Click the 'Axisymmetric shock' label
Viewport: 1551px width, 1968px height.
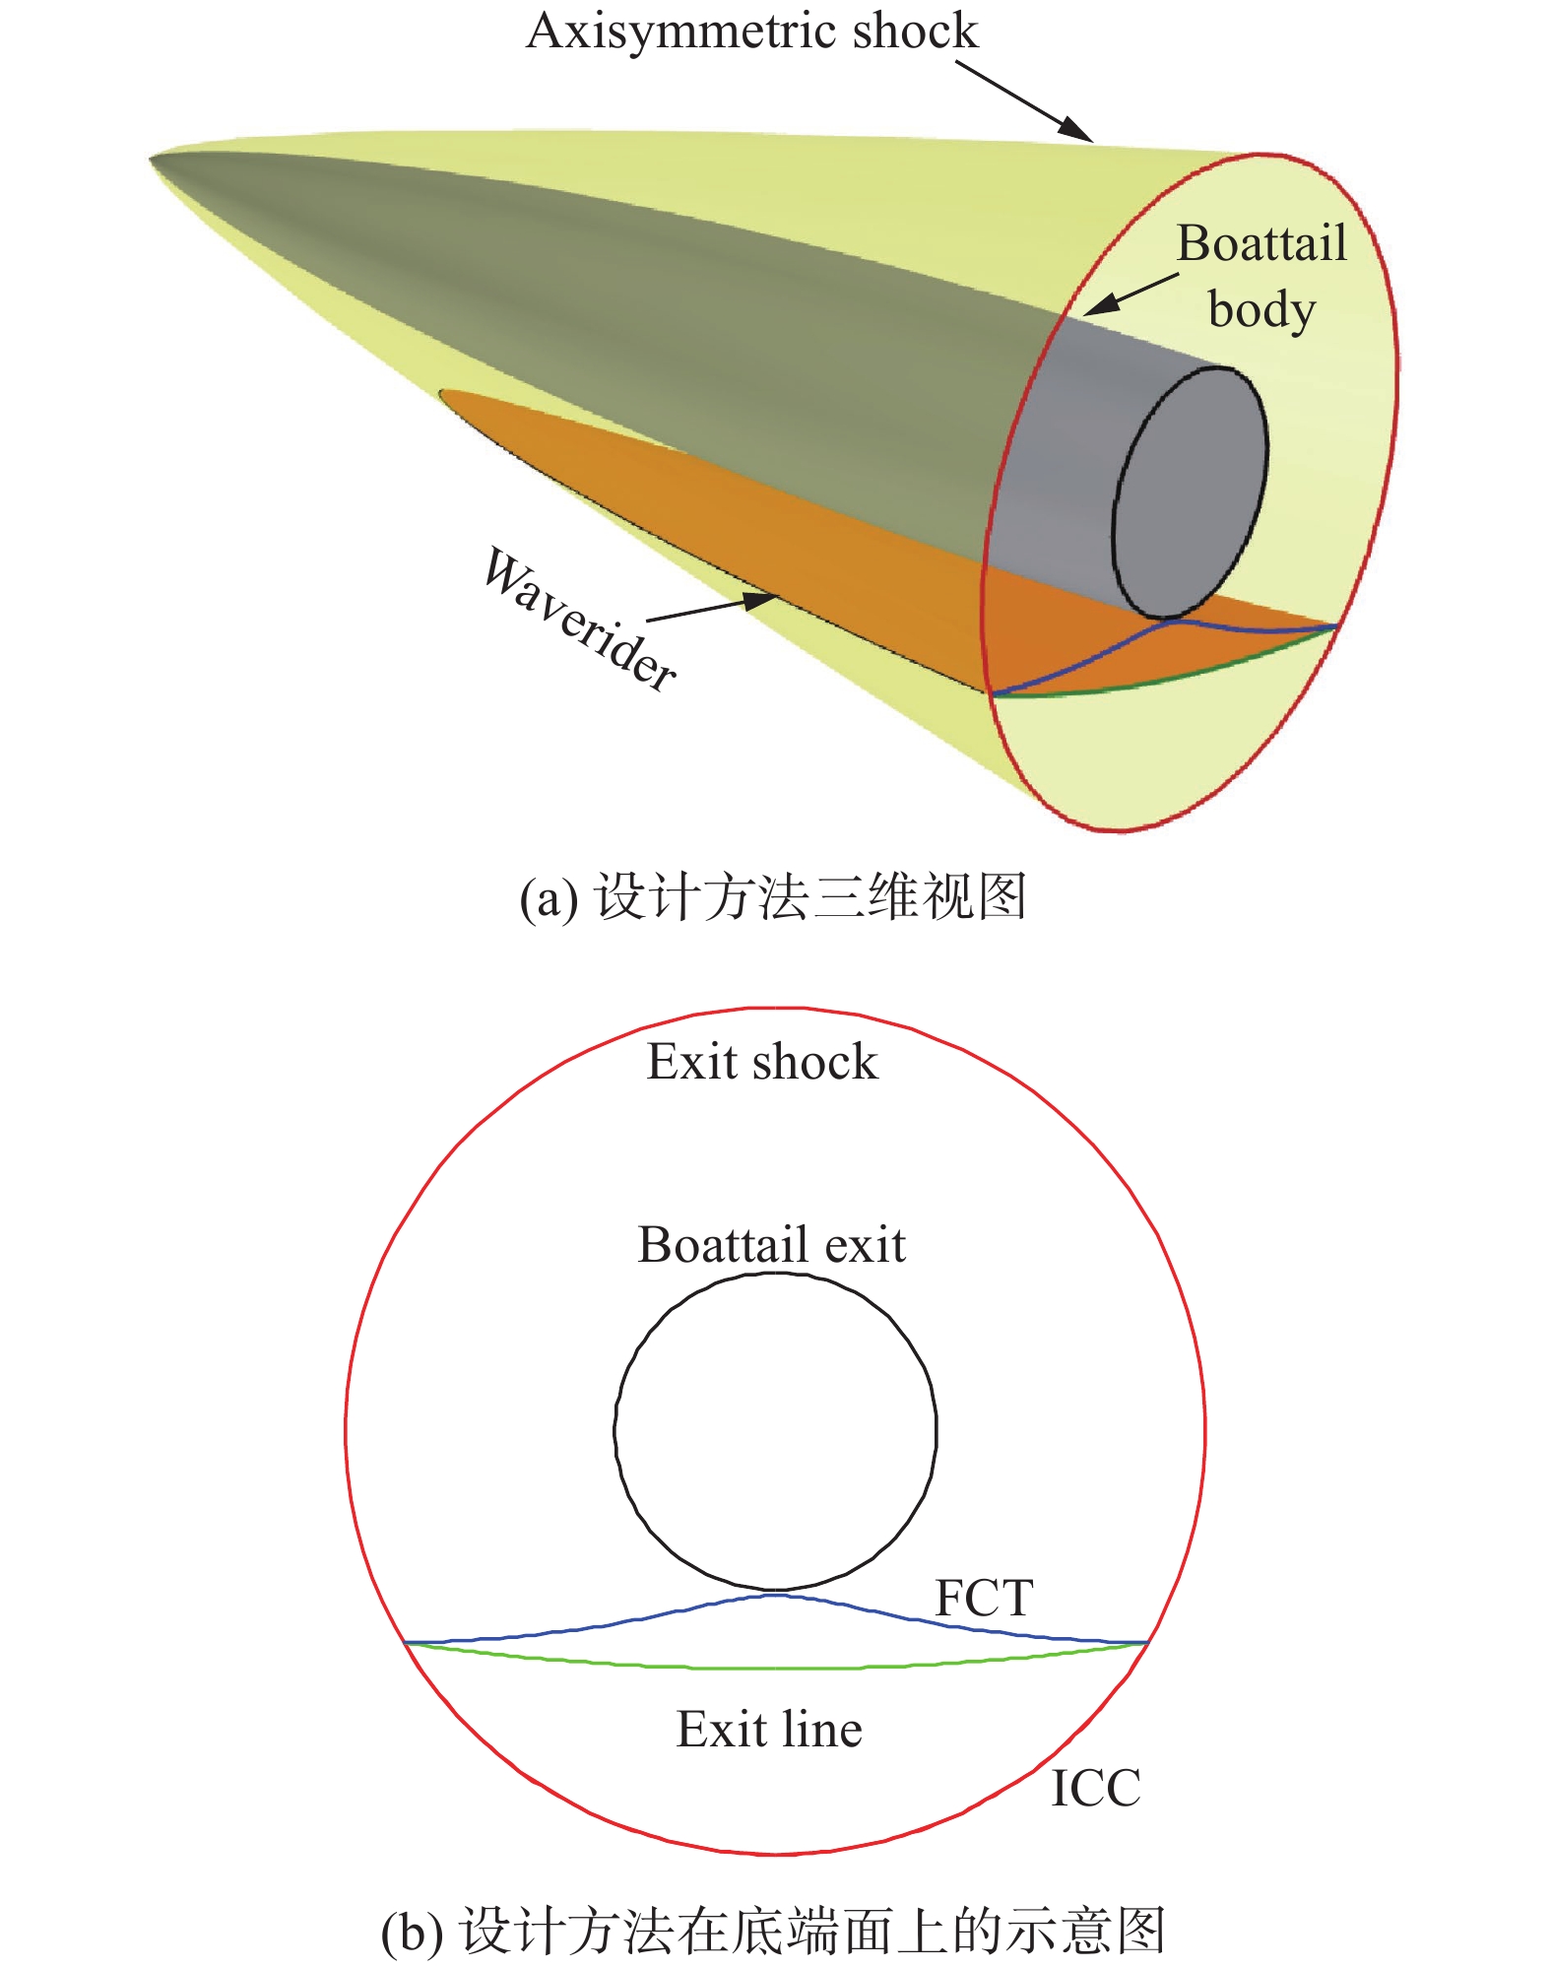point(752,31)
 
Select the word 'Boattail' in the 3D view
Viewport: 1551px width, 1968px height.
point(1261,243)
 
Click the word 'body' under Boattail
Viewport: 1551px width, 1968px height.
point(1261,310)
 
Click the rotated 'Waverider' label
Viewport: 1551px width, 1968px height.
point(580,619)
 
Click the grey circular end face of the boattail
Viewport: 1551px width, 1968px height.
point(1190,492)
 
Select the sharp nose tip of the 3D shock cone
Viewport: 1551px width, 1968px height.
point(153,159)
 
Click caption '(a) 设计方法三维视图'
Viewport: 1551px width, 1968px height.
point(774,897)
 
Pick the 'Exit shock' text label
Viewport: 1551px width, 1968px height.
point(761,1062)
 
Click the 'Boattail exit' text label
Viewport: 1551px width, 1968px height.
point(771,1244)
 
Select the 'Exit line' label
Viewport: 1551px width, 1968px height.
point(769,1730)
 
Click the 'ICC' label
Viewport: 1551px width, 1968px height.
point(1095,1788)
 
